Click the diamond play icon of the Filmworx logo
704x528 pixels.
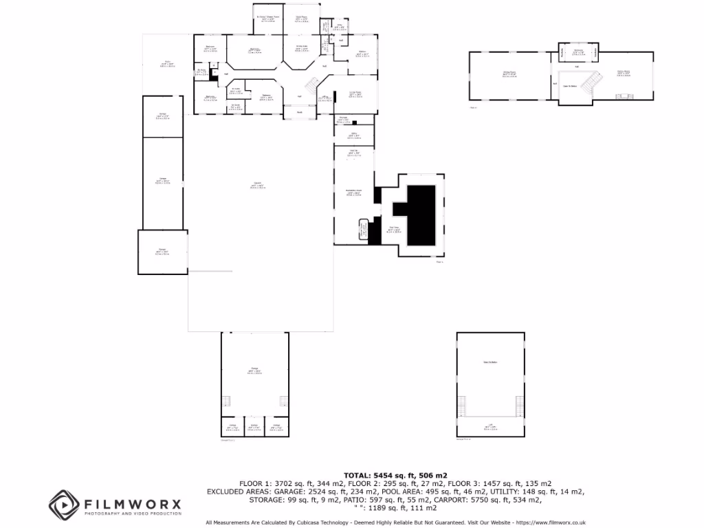coord(61,503)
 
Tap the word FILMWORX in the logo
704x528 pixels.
coord(131,504)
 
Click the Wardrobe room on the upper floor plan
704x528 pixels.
coord(579,52)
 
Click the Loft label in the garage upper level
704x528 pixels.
coord(490,428)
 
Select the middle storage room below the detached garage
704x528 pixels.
coord(254,428)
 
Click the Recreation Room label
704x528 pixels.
coord(354,193)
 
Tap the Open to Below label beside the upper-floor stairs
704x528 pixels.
coord(570,85)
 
